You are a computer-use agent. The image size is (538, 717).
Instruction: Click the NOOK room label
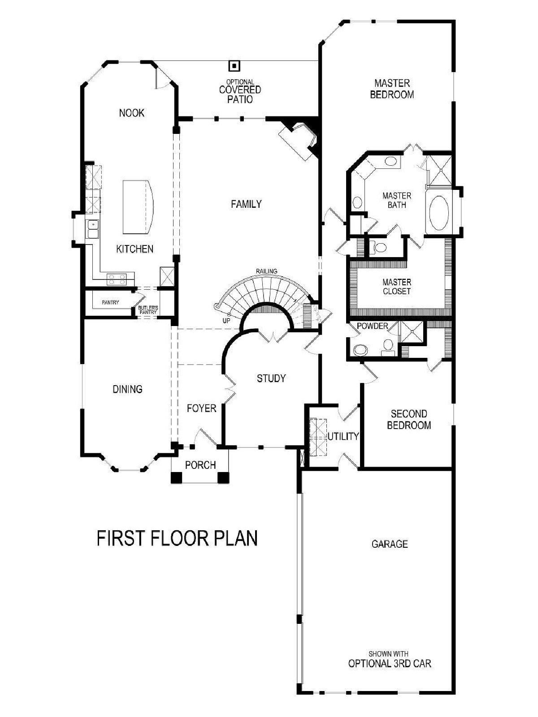tap(132, 113)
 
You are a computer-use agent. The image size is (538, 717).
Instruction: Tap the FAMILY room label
tap(246, 204)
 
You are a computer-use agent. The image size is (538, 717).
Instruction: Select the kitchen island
tap(138, 207)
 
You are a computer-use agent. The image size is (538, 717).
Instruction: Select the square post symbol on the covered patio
tap(234, 66)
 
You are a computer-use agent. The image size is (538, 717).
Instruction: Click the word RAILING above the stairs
tap(266, 271)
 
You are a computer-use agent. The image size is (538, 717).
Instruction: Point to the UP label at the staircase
tap(226, 321)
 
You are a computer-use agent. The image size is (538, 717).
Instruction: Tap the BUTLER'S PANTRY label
tap(148, 309)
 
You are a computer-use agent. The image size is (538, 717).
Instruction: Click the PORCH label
tap(200, 465)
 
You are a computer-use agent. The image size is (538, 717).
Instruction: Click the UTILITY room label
tap(343, 436)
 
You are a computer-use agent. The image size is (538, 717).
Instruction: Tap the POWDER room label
tap(372, 326)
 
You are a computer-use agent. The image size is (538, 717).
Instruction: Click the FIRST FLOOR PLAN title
tap(177, 538)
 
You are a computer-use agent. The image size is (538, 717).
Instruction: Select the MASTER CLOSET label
tap(397, 287)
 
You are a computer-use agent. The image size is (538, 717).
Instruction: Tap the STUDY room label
tap(271, 378)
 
